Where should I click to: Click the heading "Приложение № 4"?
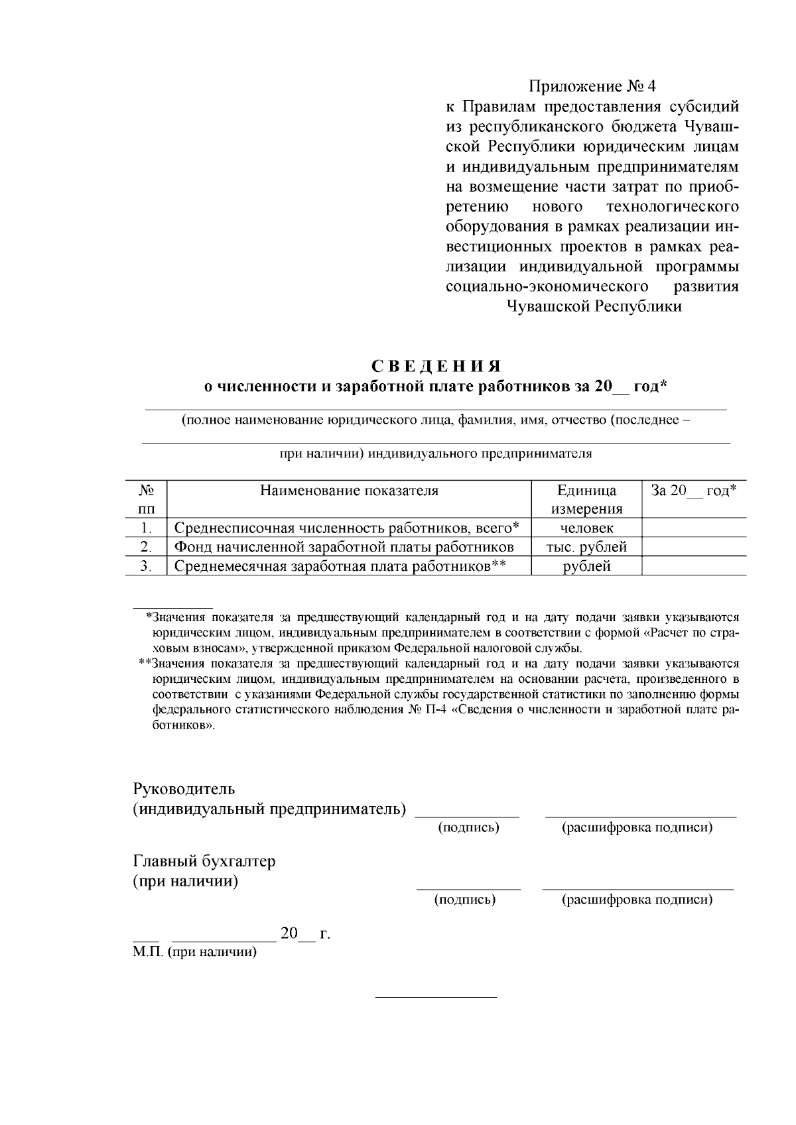(x=592, y=87)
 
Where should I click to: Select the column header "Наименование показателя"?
(x=349, y=491)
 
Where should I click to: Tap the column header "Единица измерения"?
(x=586, y=500)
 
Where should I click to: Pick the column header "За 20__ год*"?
(x=693, y=491)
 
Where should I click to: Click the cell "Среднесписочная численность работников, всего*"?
(x=346, y=528)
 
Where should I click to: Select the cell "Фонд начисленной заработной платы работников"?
(x=344, y=547)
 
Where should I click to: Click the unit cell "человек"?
(x=586, y=528)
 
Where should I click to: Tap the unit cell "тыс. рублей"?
(x=586, y=547)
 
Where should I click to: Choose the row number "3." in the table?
(x=146, y=566)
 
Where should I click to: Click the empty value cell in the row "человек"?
(x=694, y=528)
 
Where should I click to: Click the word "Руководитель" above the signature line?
(x=184, y=790)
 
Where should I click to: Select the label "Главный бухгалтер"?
(x=204, y=861)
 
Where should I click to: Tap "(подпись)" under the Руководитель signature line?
(x=468, y=827)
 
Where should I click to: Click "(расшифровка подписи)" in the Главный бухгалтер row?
(x=637, y=900)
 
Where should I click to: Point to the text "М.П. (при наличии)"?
(x=194, y=953)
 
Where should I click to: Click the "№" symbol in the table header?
(x=146, y=491)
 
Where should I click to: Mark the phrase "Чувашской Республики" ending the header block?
(x=594, y=307)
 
